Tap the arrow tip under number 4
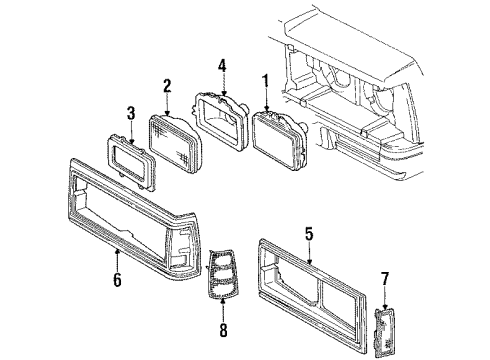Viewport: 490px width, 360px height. click(222, 96)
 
